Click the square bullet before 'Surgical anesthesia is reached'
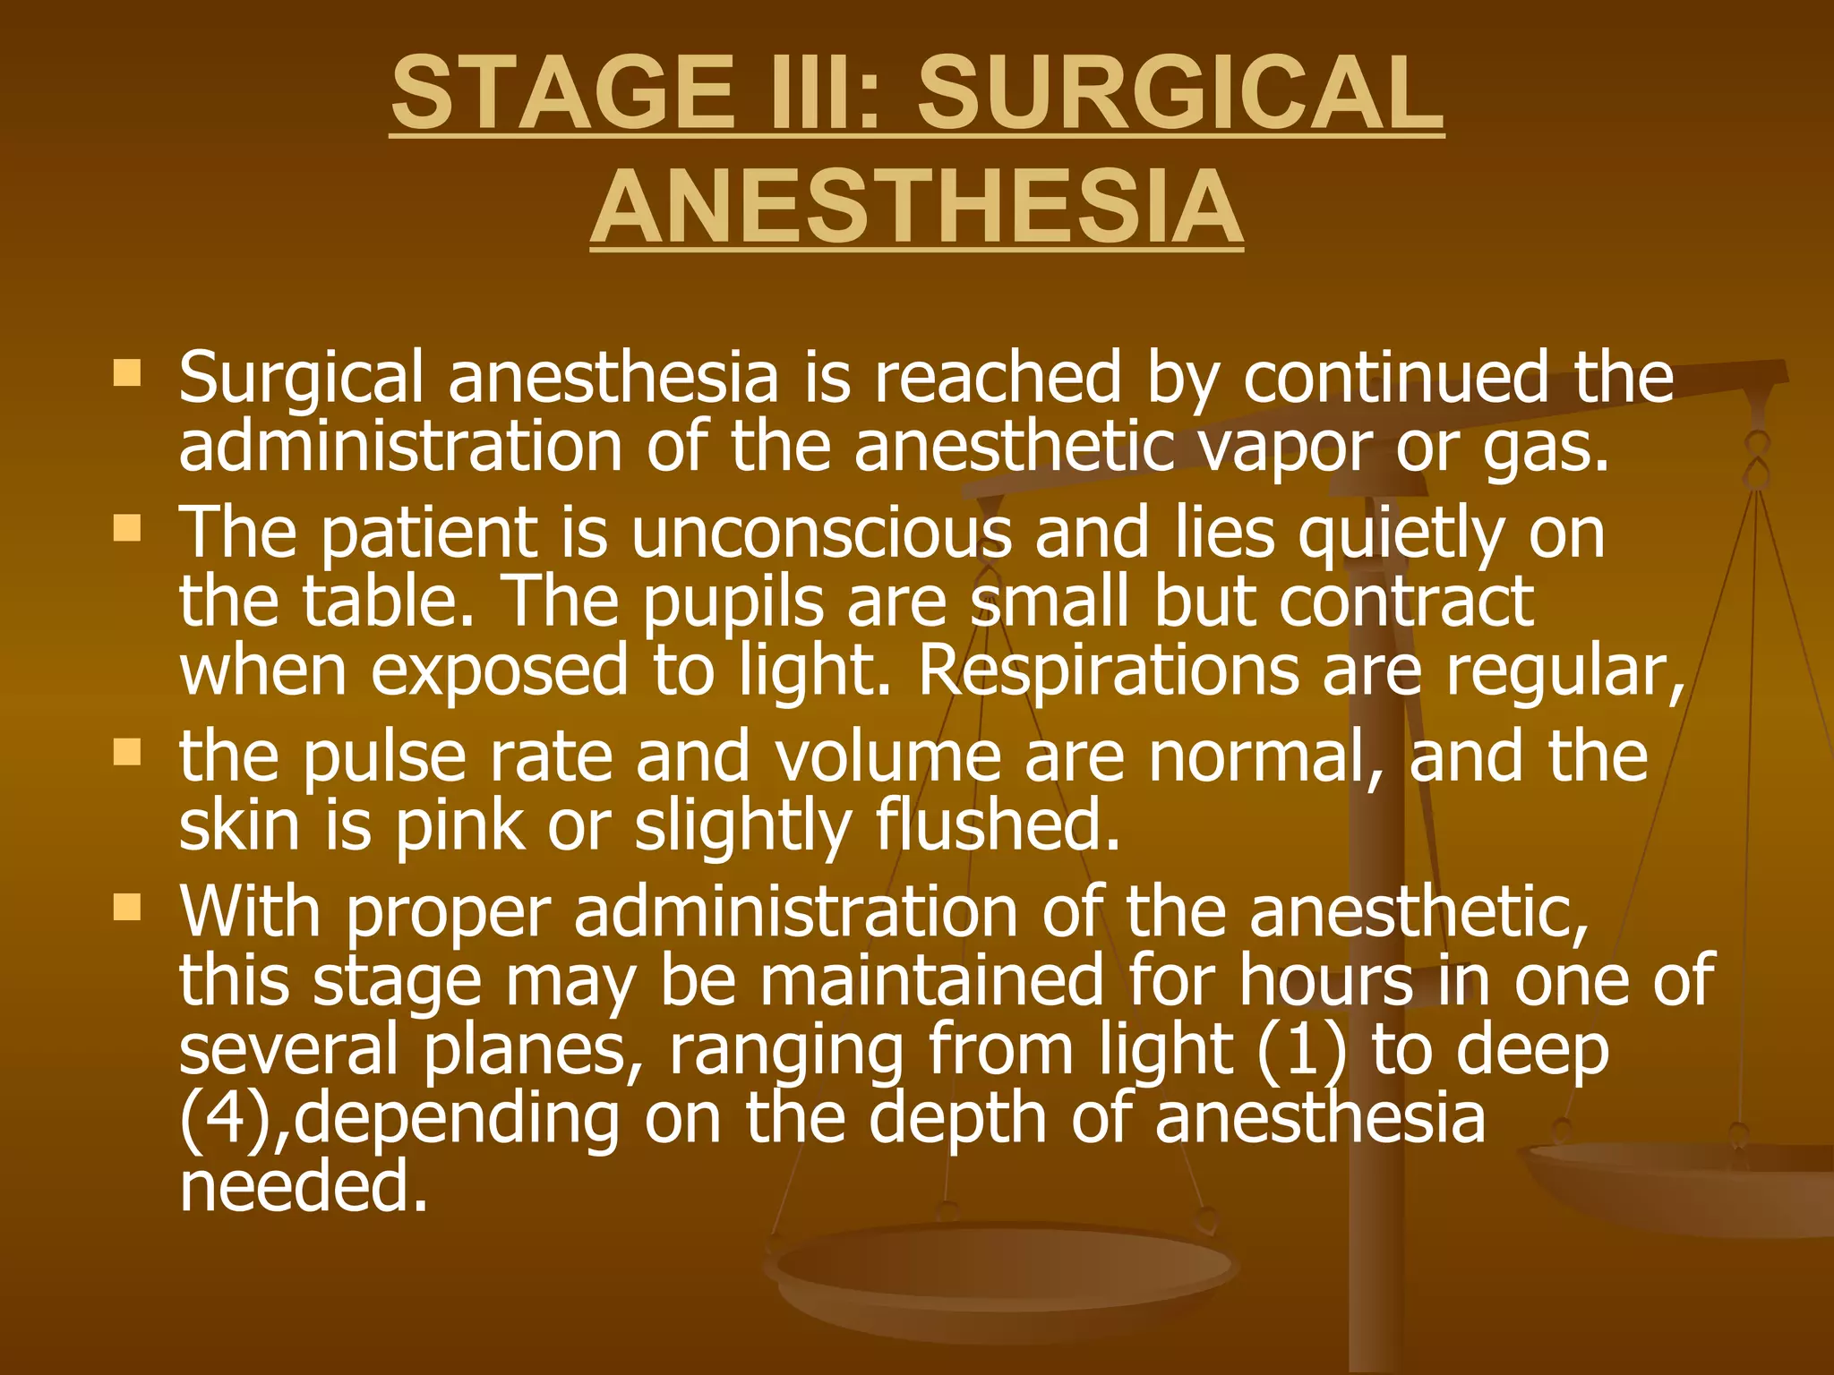[x=127, y=372]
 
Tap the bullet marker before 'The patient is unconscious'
[x=127, y=527]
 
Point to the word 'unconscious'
[x=821, y=534]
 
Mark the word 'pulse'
[x=384, y=759]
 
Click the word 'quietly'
[x=1401, y=534]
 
